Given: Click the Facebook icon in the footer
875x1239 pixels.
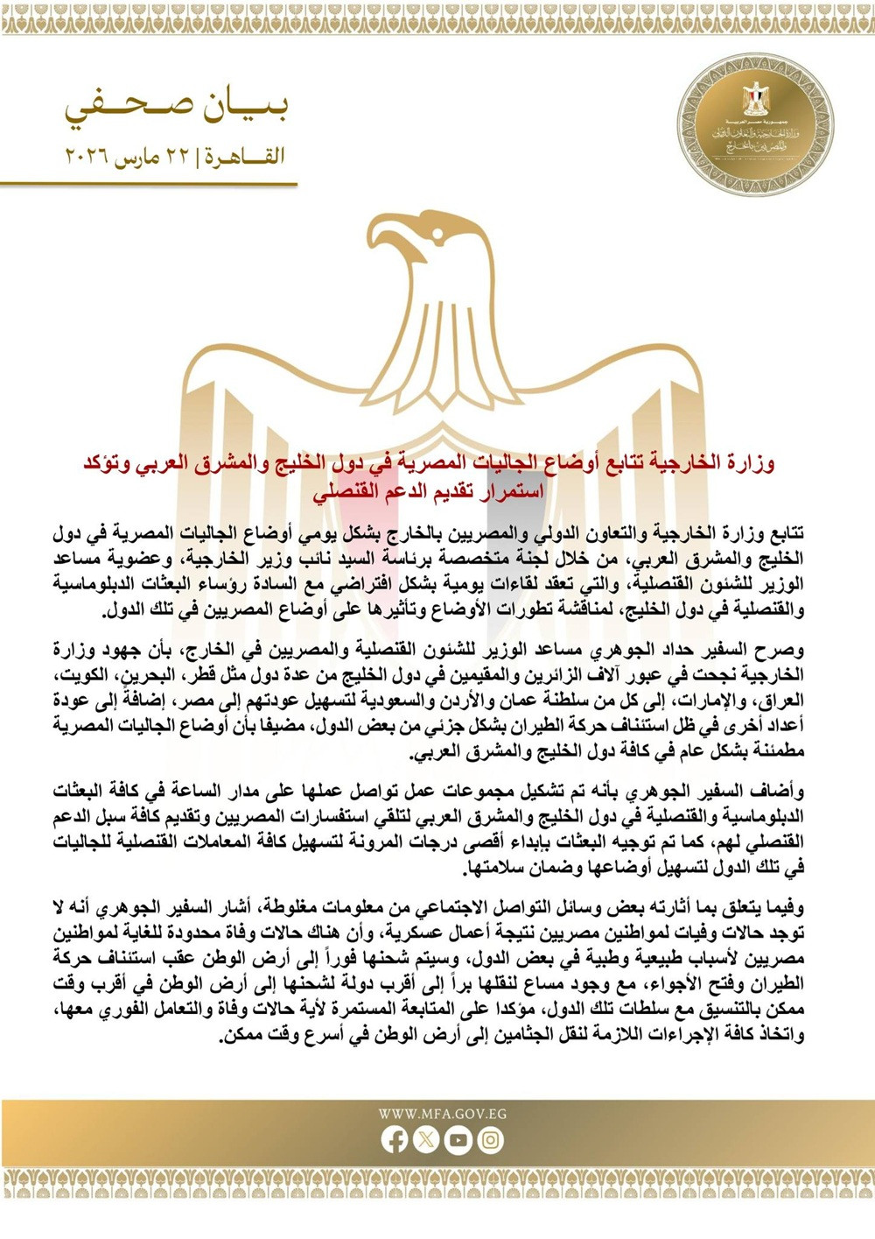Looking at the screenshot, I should pos(395,1139).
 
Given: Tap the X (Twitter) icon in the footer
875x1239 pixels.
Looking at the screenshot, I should pos(426,1139).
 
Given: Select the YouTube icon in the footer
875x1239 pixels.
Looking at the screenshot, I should pos(458,1139).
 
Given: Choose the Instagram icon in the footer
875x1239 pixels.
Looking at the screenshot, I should pos(491,1139).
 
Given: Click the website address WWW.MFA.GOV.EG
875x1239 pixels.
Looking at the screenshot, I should pos(442,1115).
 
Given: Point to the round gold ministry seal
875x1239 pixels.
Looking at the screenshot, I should pos(754,124).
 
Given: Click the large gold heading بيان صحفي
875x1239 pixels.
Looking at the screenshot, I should pos(176,107).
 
